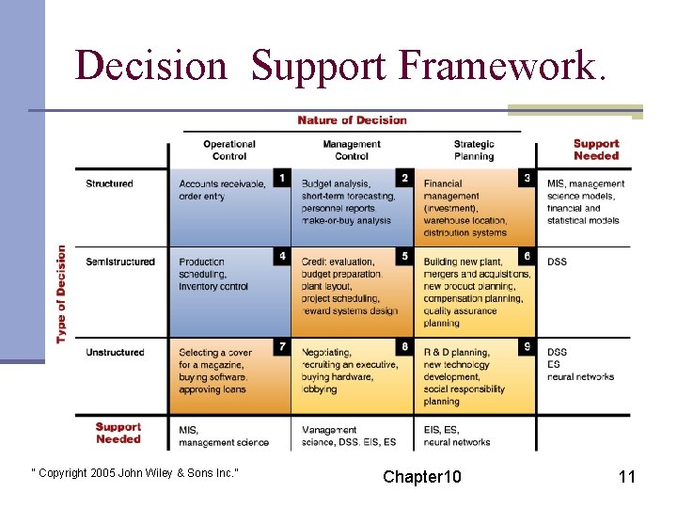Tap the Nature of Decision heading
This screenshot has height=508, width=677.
click(352, 120)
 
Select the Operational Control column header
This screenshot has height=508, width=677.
click(229, 151)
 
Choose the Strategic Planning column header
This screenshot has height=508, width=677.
click(473, 151)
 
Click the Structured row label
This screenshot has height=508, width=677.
click(109, 183)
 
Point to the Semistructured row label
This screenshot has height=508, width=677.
click(120, 262)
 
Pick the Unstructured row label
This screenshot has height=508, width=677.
click(115, 353)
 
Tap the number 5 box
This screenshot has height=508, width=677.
click(404, 256)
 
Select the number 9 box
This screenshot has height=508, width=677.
click(527, 347)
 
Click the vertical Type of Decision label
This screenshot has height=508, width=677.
click(62, 294)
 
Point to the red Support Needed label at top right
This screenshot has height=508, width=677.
click(596, 150)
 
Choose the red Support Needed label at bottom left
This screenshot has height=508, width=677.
click(118, 433)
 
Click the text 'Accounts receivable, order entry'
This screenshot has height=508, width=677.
click(222, 190)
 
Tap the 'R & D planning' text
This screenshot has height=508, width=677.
click(456, 353)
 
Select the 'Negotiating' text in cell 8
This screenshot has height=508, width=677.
click(329, 353)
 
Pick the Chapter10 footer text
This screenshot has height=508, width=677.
click(421, 477)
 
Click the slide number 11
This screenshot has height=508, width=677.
click(626, 477)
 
